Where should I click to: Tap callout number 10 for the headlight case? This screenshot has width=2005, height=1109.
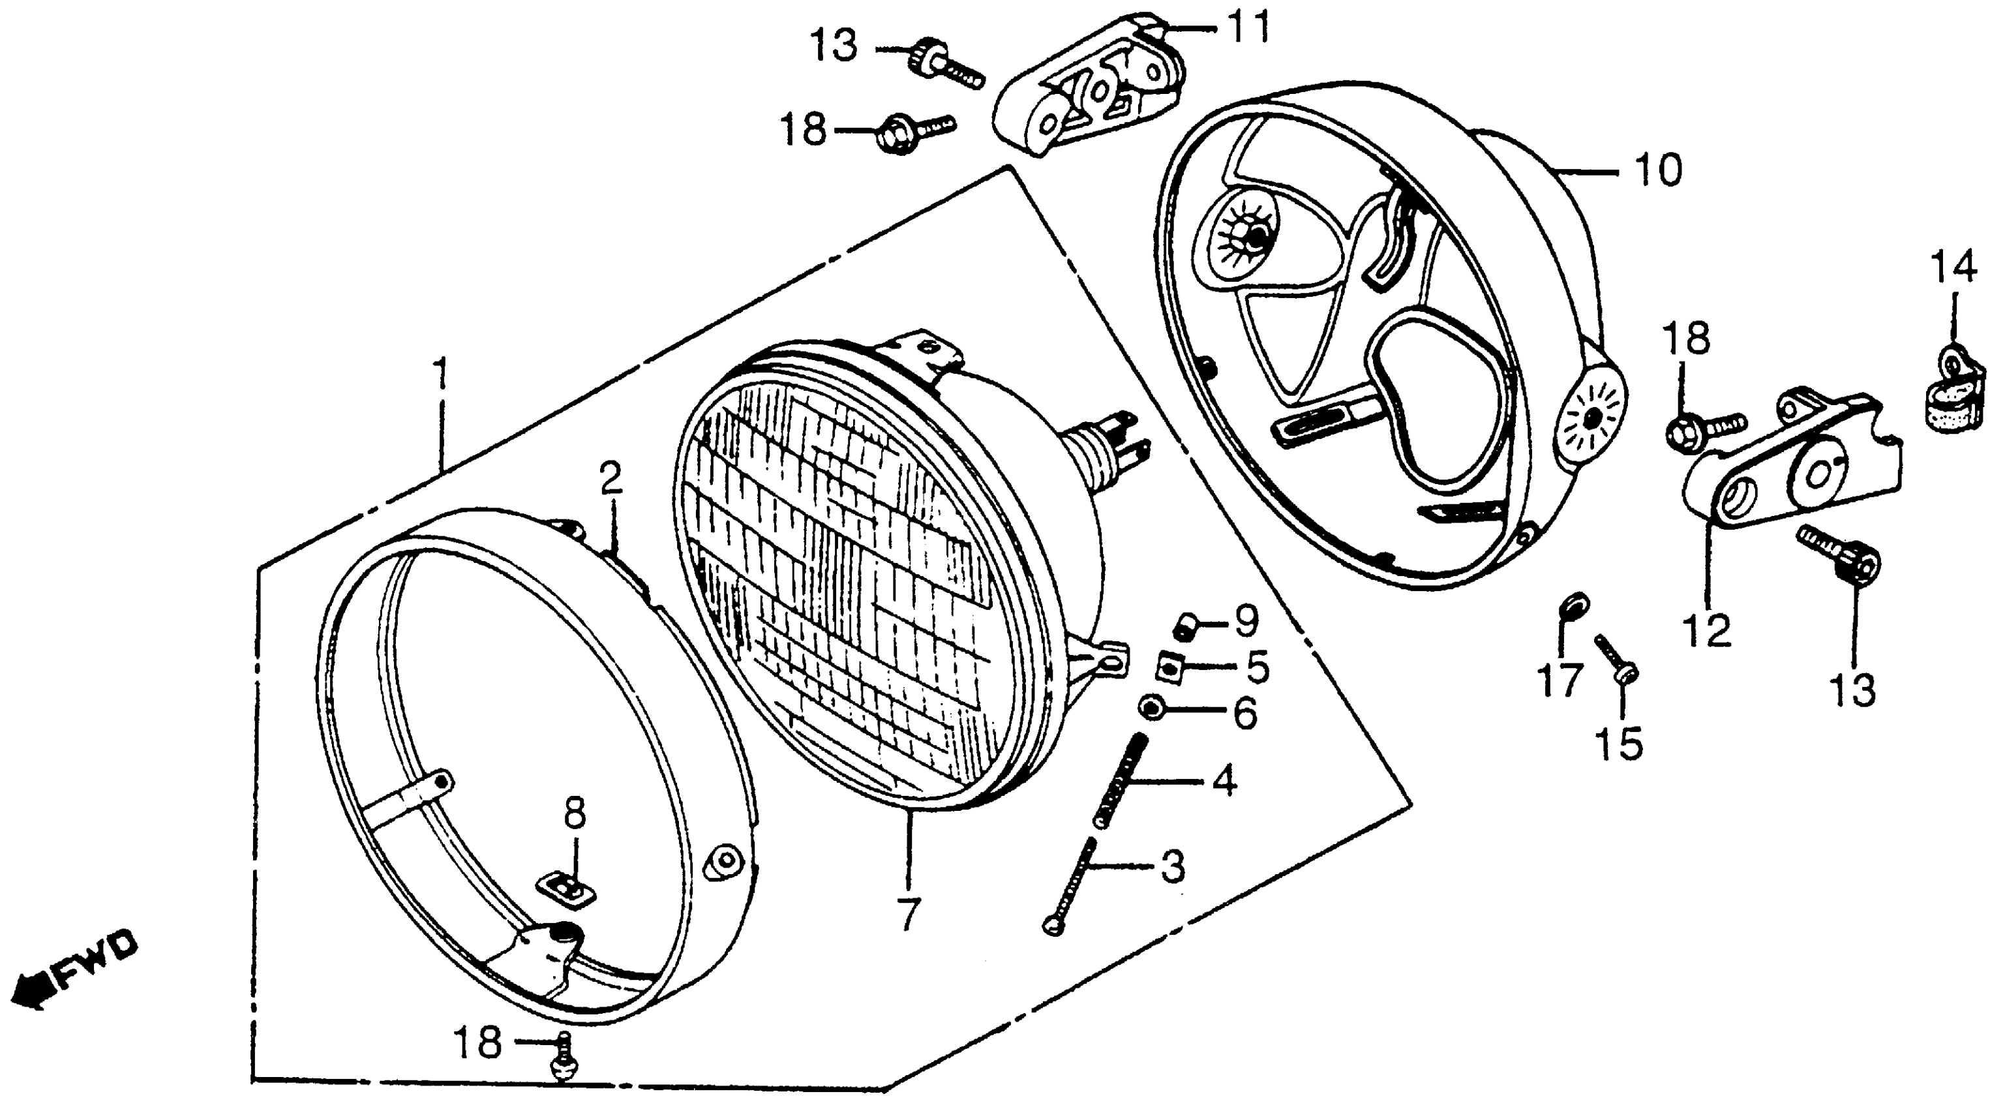point(1657,170)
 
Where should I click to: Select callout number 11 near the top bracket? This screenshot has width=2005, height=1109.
point(1247,28)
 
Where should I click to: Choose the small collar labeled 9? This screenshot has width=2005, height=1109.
point(1184,625)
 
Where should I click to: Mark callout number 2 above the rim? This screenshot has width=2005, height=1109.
point(611,480)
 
